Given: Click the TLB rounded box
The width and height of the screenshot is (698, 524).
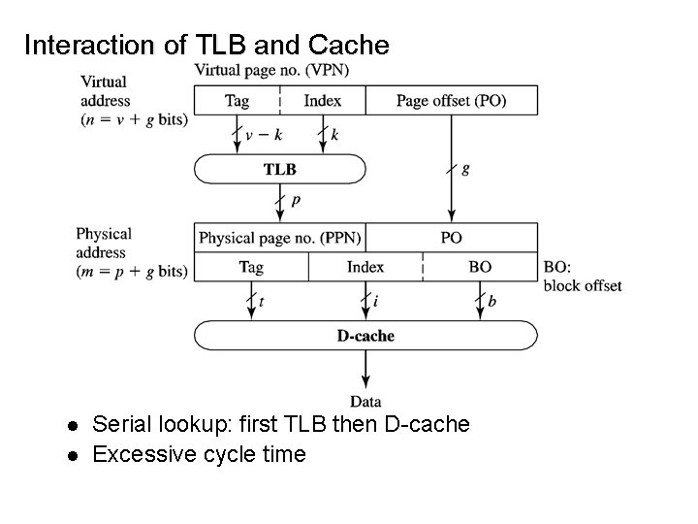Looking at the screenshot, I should click(x=280, y=169).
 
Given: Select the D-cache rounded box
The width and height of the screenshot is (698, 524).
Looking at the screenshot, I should click(x=365, y=336).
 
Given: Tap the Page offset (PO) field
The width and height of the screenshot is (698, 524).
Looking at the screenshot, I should click(x=451, y=101).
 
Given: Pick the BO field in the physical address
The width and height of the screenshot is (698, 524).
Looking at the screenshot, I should click(x=479, y=267).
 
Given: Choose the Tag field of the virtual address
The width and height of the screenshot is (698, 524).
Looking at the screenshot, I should click(x=237, y=101).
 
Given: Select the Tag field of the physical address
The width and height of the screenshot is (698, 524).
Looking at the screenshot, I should click(x=251, y=267).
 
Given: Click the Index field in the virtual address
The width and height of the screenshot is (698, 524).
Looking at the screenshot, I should click(x=323, y=101).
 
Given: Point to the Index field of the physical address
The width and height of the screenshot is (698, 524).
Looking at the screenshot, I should click(x=365, y=267).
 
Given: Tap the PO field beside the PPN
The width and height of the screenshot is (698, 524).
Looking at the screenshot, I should click(x=451, y=237).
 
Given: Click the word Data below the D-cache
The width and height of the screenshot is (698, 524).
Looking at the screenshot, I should click(x=365, y=401).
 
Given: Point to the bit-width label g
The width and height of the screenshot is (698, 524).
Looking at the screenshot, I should click(x=465, y=169).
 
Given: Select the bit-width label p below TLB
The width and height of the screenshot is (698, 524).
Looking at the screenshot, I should click(x=295, y=201).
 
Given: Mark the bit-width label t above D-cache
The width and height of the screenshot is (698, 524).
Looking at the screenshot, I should click(x=261, y=303).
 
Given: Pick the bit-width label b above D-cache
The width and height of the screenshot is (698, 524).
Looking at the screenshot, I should click(x=492, y=303).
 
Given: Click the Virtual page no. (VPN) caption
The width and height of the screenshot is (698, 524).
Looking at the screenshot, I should click(x=271, y=70).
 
